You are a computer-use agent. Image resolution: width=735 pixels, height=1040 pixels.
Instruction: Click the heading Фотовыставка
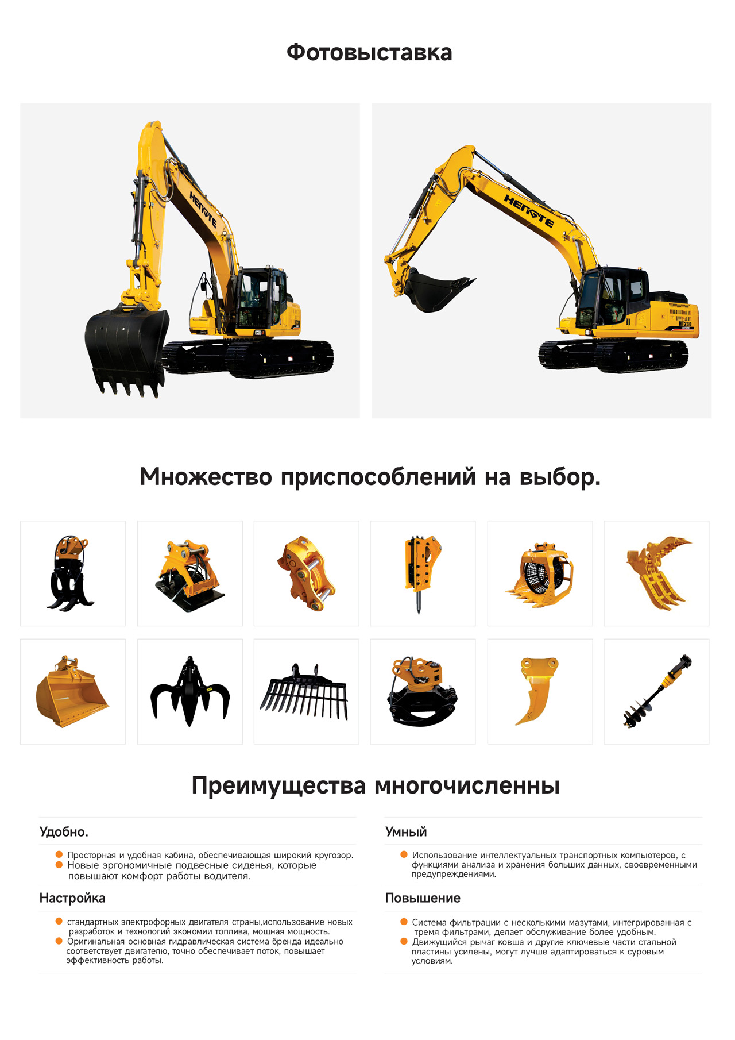(369, 53)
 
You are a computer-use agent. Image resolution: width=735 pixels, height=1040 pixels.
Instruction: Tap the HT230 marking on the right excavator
(685, 323)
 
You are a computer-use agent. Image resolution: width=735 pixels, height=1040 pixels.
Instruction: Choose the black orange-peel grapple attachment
(190, 692)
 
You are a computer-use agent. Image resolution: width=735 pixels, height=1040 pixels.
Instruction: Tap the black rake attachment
(305, 692)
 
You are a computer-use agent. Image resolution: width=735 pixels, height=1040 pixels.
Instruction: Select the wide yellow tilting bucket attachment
(72, 692)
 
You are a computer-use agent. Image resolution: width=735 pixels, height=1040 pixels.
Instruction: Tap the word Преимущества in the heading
(278, 785)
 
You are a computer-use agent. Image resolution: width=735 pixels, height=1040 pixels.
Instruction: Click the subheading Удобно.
(64, 832)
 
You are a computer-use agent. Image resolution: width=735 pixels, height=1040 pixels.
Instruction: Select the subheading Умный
(406, 832)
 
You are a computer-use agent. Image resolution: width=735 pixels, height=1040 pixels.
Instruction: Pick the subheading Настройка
(72, 898)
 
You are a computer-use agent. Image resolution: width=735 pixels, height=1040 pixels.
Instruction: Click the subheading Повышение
(423, 898)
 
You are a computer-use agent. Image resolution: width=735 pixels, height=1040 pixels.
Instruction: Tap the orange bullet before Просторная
(59, 854)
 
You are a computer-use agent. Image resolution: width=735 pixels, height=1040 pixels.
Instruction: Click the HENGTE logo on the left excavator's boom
(203, 210)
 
